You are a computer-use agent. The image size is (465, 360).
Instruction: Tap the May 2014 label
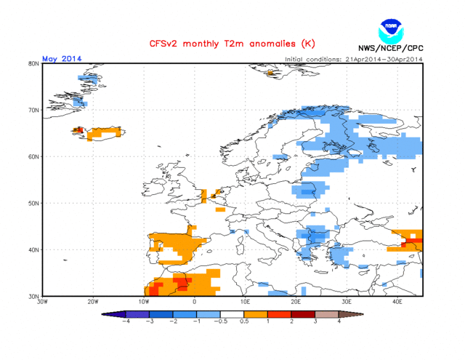pos(62,58)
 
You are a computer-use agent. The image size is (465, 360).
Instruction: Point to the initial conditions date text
pos(354,59)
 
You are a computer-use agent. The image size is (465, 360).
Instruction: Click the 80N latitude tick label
pos(33,64)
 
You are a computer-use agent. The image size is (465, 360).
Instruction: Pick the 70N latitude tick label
pos(33,111)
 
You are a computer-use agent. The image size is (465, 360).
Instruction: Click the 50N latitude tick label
pos(33,203)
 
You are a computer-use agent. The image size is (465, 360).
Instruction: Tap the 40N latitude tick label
pos(33,249)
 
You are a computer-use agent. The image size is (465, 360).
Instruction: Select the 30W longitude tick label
pos(42,302)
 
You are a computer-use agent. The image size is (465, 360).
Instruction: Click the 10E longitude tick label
pos(245,302)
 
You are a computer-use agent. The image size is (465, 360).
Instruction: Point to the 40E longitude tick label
pos(397,302)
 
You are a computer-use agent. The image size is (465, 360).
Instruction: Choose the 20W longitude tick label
pos(93,302)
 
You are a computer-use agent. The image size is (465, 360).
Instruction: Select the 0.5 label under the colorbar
pos(245,322)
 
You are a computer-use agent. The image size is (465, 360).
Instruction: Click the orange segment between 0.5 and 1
pos(256,314)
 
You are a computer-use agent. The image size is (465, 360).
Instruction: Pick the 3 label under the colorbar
pos(316,322)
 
